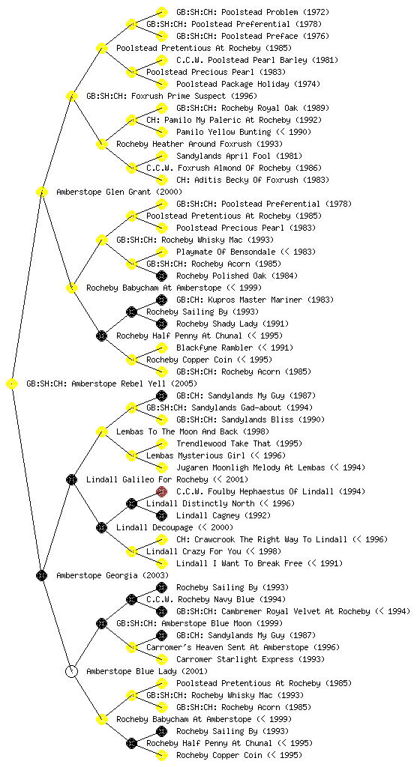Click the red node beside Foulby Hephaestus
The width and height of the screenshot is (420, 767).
tap(161, 491)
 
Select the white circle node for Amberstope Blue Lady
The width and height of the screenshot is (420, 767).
tap(71, 671)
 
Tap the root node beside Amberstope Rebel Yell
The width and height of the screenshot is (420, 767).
tap(12, 383)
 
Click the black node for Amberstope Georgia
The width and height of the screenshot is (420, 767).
tap(41, 575)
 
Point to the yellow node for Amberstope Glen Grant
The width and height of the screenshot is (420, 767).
tap(41, 192)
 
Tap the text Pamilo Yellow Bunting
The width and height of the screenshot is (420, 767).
tap(223, 132)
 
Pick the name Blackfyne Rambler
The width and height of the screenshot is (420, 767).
tap(215, 348)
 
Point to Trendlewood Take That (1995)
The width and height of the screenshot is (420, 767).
tap(239, 443)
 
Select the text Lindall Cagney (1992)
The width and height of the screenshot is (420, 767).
tap(223, 515)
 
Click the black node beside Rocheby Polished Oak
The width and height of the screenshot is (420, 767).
tap(161, 276)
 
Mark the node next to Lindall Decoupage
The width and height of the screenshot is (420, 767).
tap(101, 527)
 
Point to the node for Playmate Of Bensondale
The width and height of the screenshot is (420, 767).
tap(161, 252)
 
